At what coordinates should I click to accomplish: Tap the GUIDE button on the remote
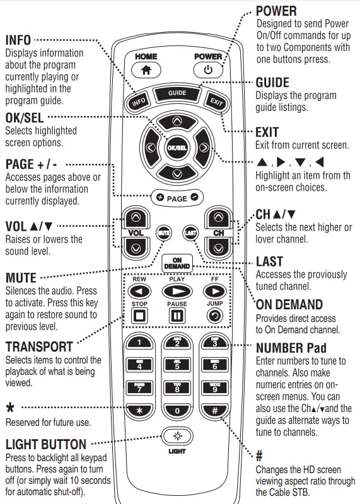177,93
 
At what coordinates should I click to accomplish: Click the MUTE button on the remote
163,232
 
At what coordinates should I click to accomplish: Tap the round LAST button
190,232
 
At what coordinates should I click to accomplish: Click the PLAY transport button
177,291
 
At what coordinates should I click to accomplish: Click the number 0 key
177,411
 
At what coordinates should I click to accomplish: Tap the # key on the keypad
214,411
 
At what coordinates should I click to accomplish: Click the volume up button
135,218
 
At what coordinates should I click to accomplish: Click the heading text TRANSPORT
39,346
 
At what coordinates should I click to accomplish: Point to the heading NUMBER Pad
291,348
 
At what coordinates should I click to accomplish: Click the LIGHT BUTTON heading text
45,445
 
